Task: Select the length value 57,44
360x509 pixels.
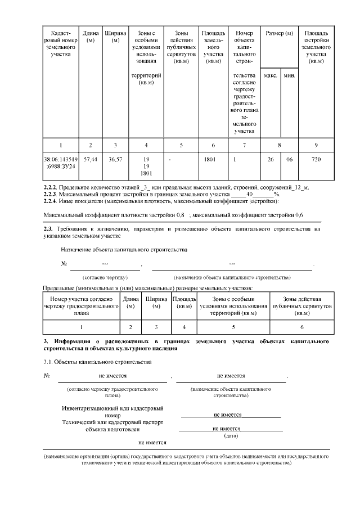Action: pyautogui.click(x=90, y=160)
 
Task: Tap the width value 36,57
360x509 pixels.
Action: pyautogui.click(x=115, y=160)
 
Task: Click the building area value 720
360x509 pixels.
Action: pyautogui.click(x=316, y=160)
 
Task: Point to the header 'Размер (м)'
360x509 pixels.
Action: pyautogui.click(x=280, y=34)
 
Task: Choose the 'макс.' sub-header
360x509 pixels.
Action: pyautogui.click(x=271, y=75)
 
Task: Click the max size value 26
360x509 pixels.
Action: pyautogui.click(x=271, y=160)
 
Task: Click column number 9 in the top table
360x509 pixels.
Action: pyautogui.click(x=316, y=145)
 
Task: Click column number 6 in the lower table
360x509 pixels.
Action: pyautogui.click(x=301, y=327)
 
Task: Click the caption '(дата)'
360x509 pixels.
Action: pyautogui.click(x=231, y=435)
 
